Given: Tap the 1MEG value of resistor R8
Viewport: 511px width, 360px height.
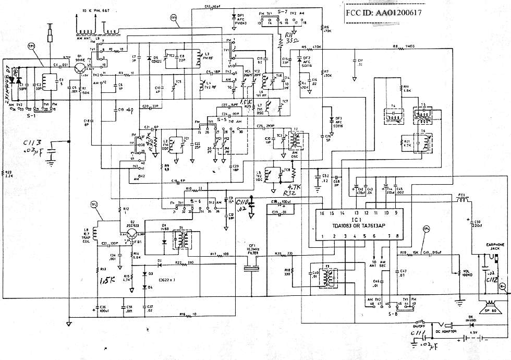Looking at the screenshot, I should click(x=412, y=47).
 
